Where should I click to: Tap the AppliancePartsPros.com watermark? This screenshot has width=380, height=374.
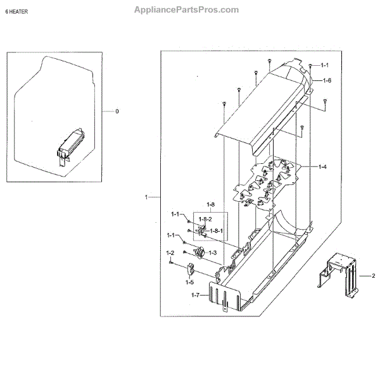pos(187,9)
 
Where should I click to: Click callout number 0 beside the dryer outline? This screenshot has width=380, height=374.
pos(117,111)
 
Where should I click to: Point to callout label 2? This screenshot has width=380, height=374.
pos(373,276)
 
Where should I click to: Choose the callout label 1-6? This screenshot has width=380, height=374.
pos(327,80)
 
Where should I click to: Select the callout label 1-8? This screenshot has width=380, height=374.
pos(210,204)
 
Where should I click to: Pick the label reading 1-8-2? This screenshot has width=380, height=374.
pos(205,218)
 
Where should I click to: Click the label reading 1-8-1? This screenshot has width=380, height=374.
pos(216,230)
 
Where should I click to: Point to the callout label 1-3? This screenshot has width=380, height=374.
pos(213,252)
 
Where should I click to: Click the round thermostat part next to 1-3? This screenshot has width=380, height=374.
pos(198,254)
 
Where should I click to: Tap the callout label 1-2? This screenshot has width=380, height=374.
pos(170,253)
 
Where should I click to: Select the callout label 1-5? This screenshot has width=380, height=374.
pos(189,282)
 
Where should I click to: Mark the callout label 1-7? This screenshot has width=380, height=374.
pos(195,296)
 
